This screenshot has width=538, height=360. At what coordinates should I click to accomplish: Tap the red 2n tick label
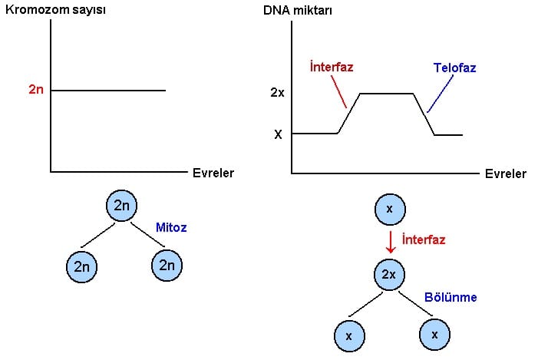coord(36,91)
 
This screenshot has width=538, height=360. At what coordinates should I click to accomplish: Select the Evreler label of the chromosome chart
coord(213,173)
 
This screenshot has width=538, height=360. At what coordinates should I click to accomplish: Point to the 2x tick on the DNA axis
coord(278,92)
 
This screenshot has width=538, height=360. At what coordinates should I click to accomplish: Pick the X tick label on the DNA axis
coord(278,134)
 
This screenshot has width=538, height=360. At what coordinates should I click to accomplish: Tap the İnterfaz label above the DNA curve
coord(331,67)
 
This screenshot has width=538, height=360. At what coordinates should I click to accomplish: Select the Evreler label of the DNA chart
coord(506,173)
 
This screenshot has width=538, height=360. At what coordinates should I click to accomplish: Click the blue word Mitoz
coord(171,227)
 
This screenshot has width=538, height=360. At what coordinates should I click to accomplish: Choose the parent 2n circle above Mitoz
coord(122,205)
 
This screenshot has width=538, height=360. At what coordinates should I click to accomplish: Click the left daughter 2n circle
coord(82,266)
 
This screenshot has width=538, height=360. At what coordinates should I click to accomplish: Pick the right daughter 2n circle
coord(167,265)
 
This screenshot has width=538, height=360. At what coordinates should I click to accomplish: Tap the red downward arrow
coord(390,241)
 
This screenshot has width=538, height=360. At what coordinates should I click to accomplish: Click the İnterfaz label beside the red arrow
coord(424,240)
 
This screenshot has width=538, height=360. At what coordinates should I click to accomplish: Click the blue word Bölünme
coord(451,296)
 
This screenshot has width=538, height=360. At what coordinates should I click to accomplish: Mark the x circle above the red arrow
coord(389,209)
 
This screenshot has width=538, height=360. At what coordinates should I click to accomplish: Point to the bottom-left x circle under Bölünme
coord(350,335)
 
